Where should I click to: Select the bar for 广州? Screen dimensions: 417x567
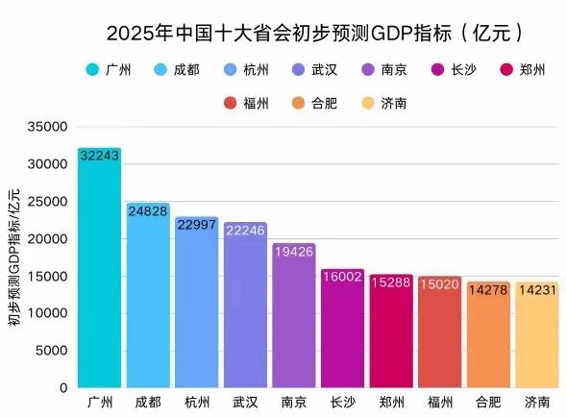coord(99,269)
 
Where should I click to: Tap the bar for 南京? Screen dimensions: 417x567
coord(294,317)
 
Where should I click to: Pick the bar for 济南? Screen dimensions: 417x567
coord(537,336)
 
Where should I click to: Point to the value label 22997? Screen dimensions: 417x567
coord(196,225)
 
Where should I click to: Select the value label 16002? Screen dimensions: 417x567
coord(343,277)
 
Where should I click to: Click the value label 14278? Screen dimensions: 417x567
coord(489,290)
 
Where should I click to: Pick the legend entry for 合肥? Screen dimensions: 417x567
coord(334,103)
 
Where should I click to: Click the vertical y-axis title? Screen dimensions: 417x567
coord(14,258)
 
